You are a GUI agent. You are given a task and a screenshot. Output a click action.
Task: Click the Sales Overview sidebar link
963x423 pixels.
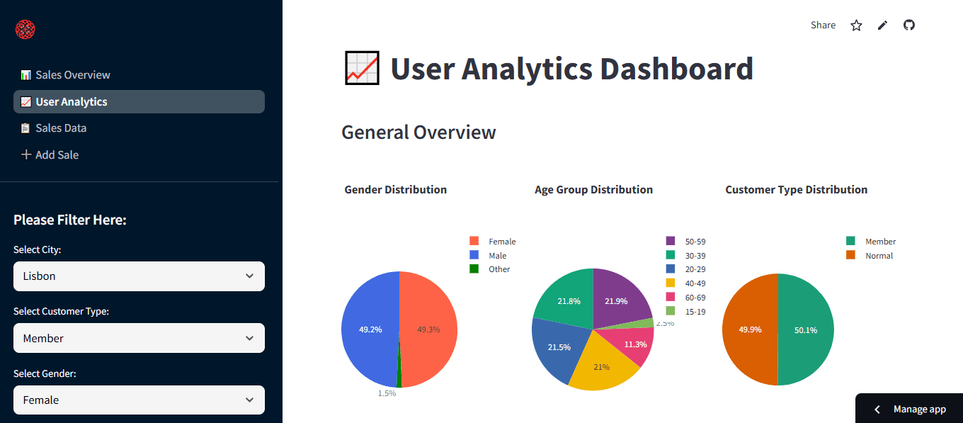pyautogui.click(x=72, y=75)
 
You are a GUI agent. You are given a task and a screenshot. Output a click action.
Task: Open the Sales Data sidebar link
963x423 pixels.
pyautogui.click(x=61, y=128)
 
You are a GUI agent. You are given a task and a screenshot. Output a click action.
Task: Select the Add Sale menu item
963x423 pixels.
pyautogui.click(x=57, y=154)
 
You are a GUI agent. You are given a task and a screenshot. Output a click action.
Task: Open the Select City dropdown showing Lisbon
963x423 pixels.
pyautogui.click(x=139, y=276)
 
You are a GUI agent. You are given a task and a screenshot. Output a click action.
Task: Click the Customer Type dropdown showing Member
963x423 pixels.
pyautogui.click(x=139, y=338)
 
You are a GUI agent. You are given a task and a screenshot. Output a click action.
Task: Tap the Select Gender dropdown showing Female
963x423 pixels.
pyautogui.click(x=139, y=400)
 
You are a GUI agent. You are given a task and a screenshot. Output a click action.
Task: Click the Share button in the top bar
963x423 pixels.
pyautogui.click(x=823, y=26)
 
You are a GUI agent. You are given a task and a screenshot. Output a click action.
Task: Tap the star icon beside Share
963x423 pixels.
pyautogui.click(x=856, y=26)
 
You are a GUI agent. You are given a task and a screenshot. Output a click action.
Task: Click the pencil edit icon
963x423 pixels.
pyautogui.click(x=882, y=26)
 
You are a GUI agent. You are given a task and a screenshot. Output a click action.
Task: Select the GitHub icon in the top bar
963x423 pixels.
pyautogui.click(x=909, y=26)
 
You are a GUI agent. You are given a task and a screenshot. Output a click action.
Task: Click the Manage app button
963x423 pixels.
pyautogui.click(x=911, y=409)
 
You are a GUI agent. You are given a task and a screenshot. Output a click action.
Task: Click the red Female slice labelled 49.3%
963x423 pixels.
pyautogui.click(x=429, y=329)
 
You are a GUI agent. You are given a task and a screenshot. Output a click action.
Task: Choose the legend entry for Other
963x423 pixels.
pyautogui.click(x=498, y=269)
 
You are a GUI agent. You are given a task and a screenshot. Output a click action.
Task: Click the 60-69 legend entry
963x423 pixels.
pyautogui.click(x=695, y=298)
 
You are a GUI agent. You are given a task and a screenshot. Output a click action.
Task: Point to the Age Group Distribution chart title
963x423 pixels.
pyautogui.click(x=593, y=190)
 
